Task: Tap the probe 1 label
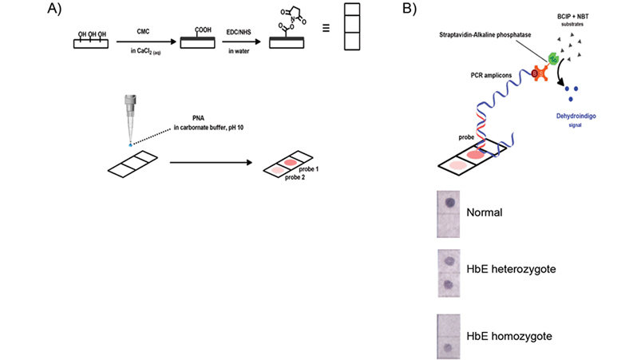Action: tap(308, 170)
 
